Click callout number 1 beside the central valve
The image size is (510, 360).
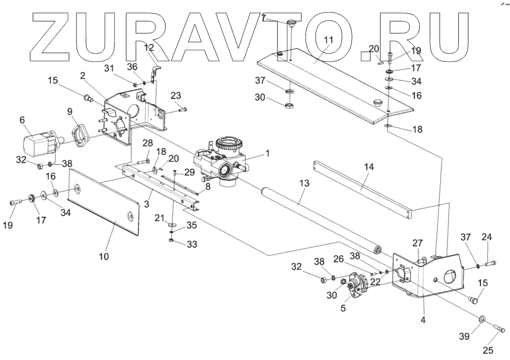pyautogui.click(x=268, y=153)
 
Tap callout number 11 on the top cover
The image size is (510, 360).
pyautogui.click(x=328, y=40)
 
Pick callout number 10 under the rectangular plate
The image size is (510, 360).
pyautogui.click(x=104, y=256)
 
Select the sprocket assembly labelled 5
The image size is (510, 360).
pyautogui.click(x=355, y=285)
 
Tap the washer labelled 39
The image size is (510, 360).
pyautogui.click(x=482, y=319)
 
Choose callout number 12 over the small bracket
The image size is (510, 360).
pyautogui.click(x=149, y=48)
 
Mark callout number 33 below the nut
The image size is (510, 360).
pyautogui.click(x=192, y=245)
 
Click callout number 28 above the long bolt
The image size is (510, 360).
pyautogui.click(x=147, y=143)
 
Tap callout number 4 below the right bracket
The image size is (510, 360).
pyautogui.click(x=423, y=320)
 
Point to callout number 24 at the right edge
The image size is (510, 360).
pyautogui.click(x=487, y=237)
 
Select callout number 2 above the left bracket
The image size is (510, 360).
pyautogui.click(x=83, y=76)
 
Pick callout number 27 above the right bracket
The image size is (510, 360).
pyautogui.click(x=418, y=243)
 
